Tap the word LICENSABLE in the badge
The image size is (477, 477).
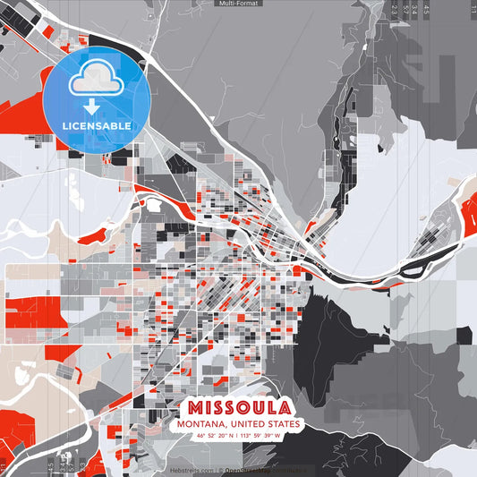[95, 126]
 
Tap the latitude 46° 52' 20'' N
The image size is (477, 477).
[212, 436]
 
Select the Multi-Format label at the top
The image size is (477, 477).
[238, 4]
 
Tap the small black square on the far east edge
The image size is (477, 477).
[464, 336]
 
